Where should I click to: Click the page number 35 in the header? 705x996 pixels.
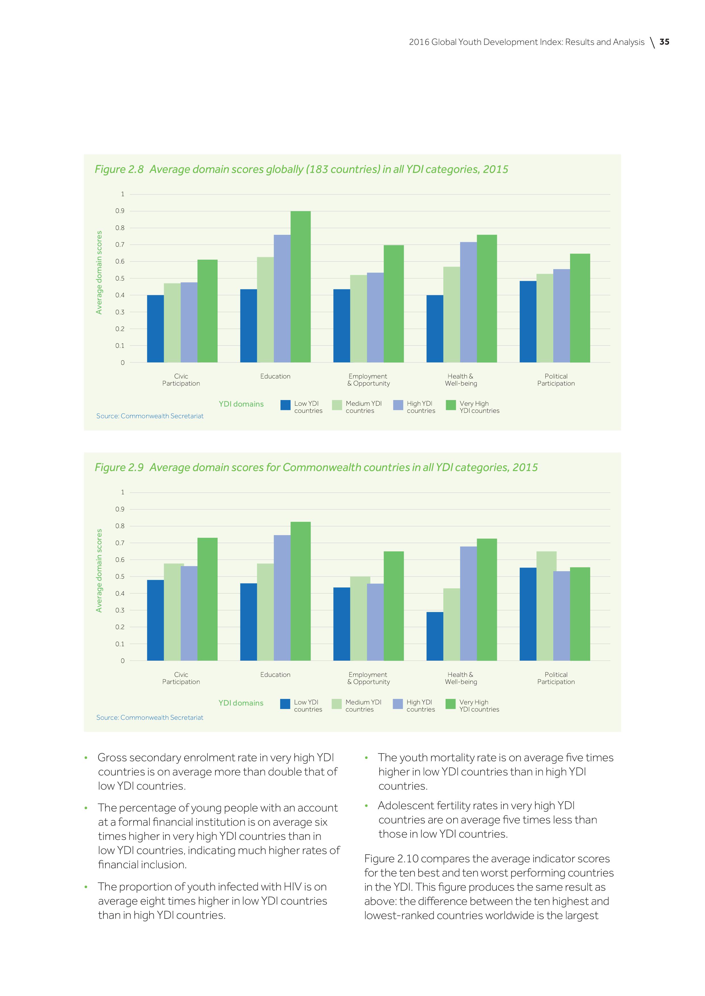[664, 42]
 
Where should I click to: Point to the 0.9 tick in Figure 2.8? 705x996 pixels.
[120, 211]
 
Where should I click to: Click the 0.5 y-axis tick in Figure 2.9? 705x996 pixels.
[120, 577]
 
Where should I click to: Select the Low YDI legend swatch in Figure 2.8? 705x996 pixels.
[285, 405]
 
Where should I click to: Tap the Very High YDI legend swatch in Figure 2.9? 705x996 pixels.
[451, 704]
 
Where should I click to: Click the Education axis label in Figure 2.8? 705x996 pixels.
[275, 376]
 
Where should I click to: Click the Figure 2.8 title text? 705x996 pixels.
[301, 169]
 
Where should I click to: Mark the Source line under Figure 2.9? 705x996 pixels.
[150, 717]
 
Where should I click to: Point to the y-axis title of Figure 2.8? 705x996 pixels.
[99, 273]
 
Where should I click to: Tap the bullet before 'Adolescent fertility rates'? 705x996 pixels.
[367, 806]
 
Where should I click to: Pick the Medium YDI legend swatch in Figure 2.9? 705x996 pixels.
[336, 704]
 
